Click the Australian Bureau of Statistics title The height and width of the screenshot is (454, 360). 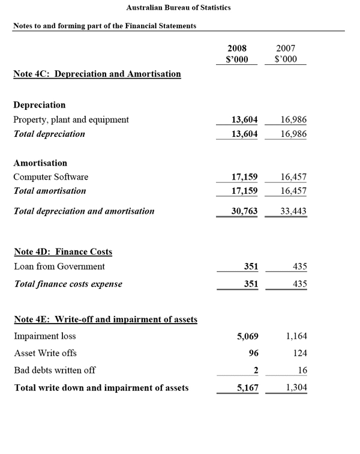click(178, 8)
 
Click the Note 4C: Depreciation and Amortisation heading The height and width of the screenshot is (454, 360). click(97, 74)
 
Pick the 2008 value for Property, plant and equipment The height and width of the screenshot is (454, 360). click(245, 120)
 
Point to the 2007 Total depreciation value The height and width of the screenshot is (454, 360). click(293, 134)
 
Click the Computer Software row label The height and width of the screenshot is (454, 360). click(51, 177)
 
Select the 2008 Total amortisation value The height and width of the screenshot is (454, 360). click(245, 191)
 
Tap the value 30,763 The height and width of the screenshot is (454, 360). click(245, 211)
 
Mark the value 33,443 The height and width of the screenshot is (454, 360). click(293, 211)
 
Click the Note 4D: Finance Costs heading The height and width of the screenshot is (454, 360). click(63, 252)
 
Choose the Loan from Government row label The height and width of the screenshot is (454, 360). click(59, 267)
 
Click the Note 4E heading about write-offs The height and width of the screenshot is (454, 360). click(106, 319)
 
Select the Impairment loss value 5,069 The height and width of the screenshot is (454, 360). click(248, 336)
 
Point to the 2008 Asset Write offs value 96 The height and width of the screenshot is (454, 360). click(253, 353)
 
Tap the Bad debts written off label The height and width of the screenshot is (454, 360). click(55, 371)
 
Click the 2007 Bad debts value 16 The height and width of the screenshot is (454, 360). click(302, 371)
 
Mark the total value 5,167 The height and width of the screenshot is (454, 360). click(248, 388)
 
